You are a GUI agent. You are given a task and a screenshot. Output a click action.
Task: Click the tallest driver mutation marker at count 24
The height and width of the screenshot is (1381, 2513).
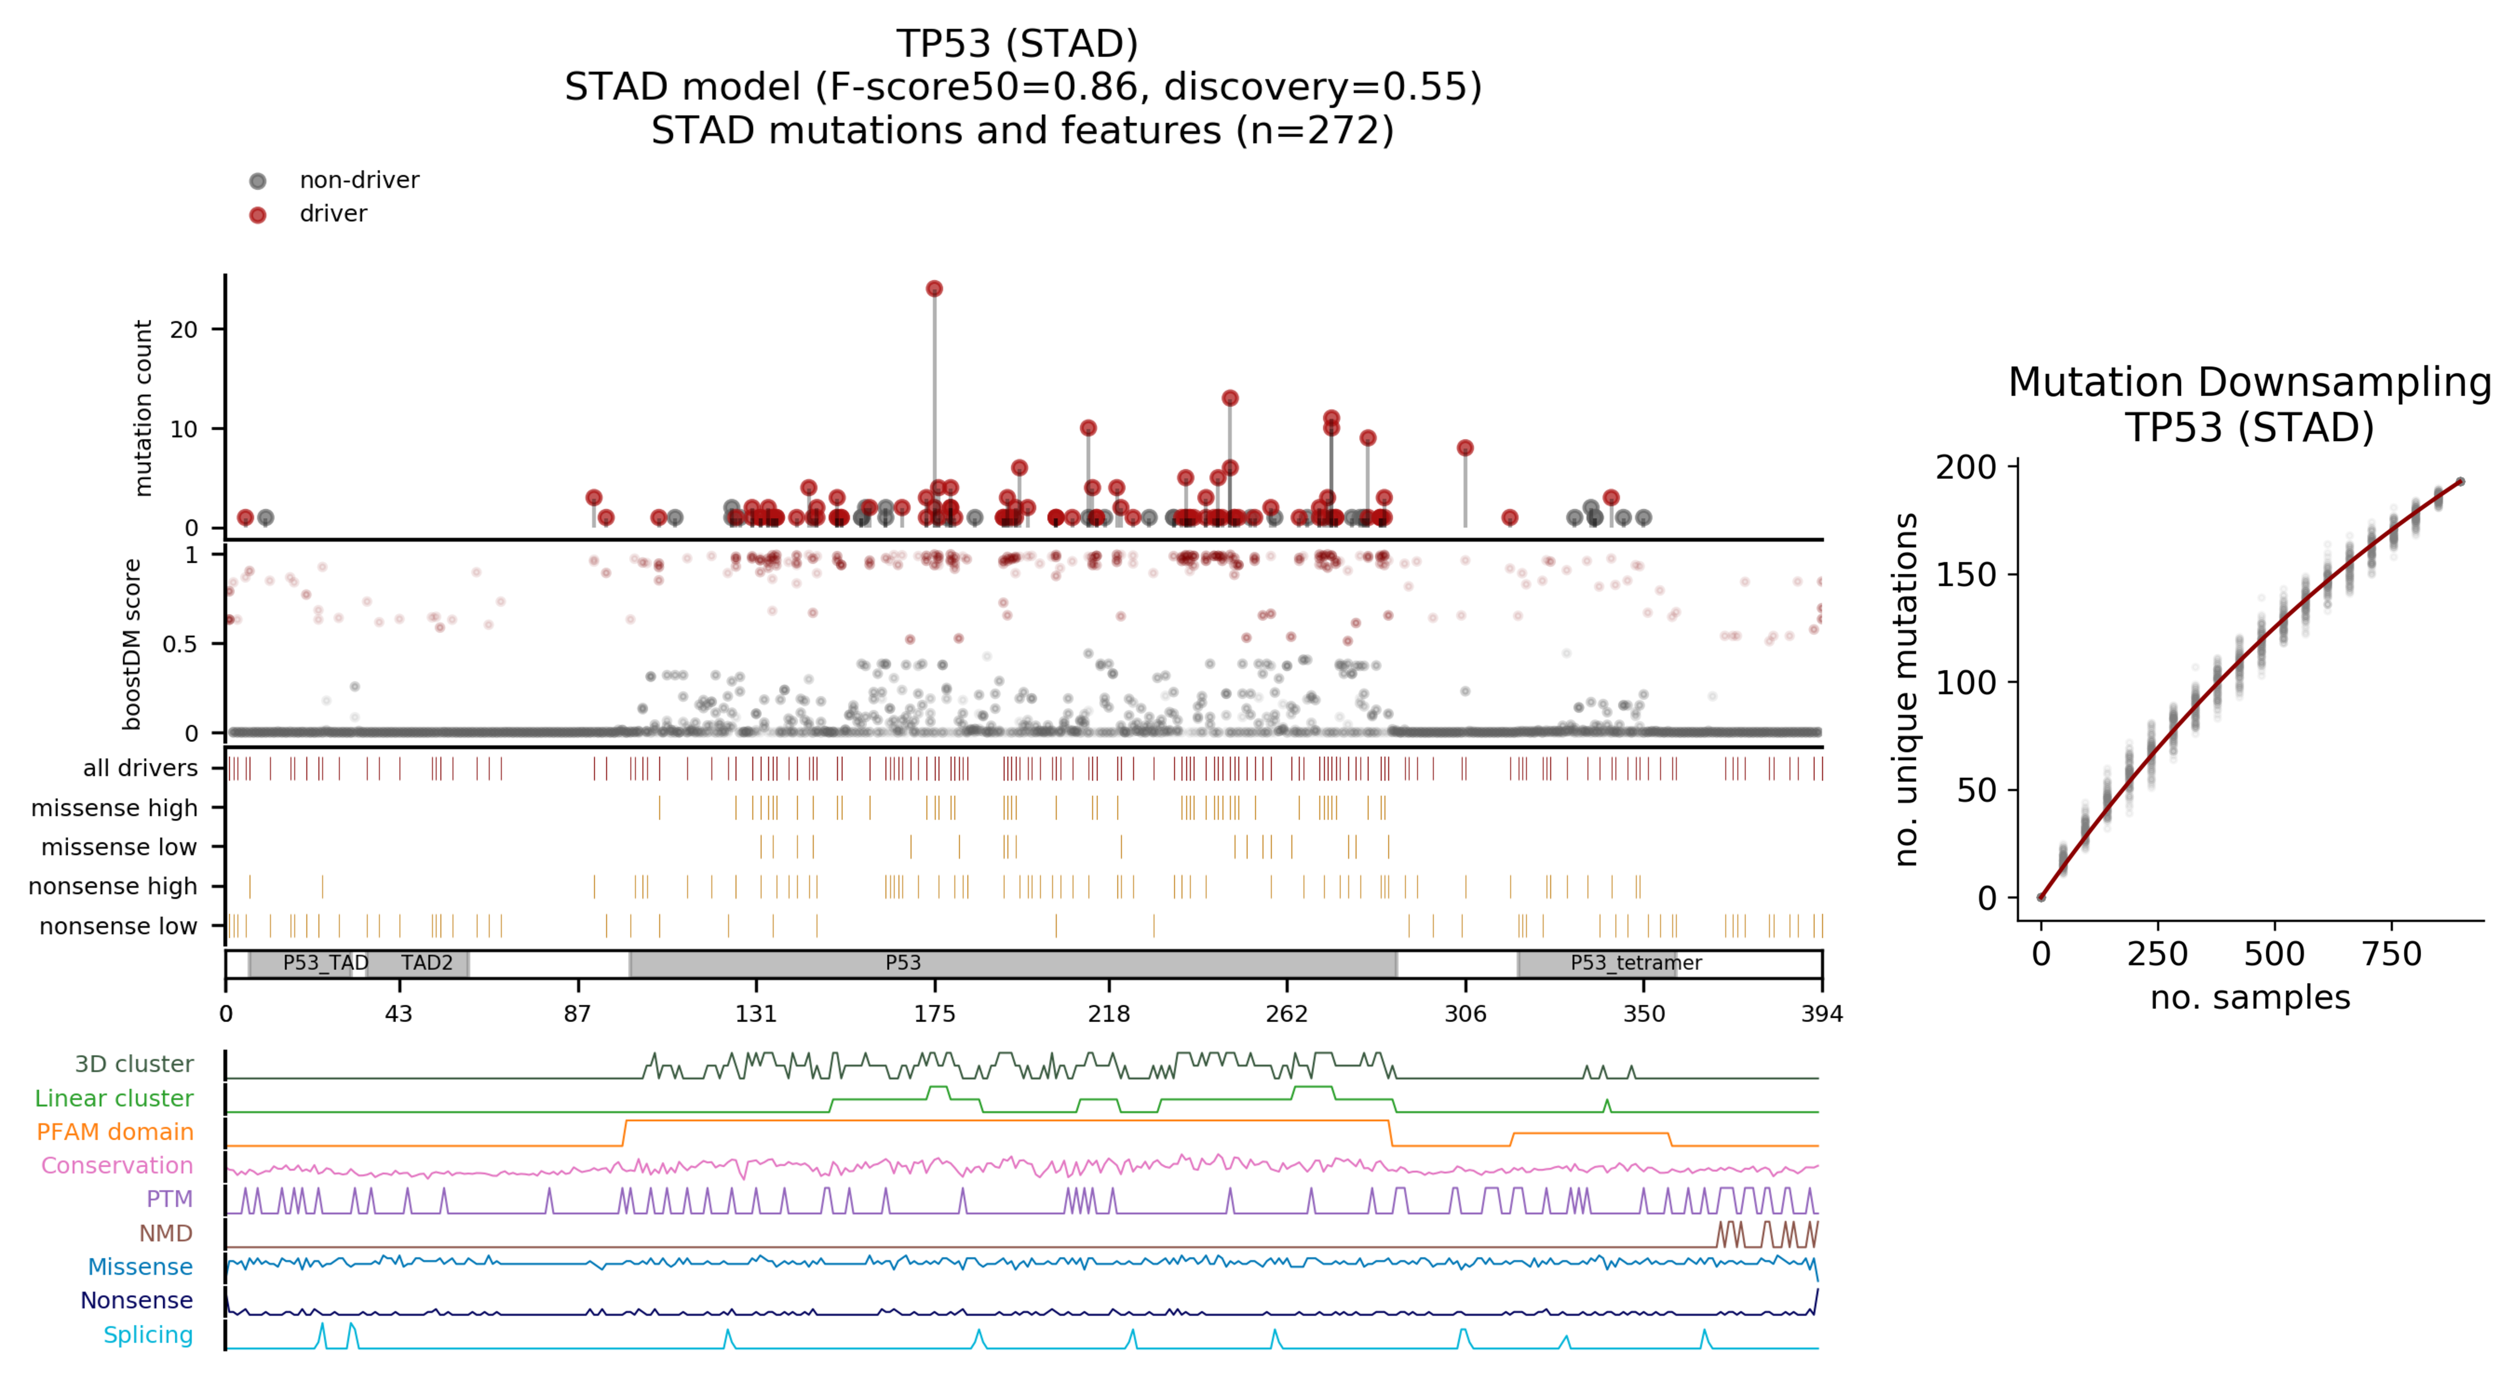[934, 289]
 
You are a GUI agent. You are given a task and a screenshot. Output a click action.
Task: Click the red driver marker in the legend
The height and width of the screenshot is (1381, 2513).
[257, 214]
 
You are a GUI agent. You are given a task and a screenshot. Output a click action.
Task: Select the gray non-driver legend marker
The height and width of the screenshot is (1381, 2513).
[257, 180]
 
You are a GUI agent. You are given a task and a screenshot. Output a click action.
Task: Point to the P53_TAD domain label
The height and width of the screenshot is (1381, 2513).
[325, 963]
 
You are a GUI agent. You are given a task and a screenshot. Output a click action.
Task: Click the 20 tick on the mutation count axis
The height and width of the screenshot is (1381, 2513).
[184, 330]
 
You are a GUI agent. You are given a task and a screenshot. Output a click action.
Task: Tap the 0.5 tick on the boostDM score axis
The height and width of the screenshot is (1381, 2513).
[179, 644]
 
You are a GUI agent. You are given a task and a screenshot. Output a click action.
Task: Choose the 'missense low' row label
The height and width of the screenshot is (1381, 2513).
[119, 846]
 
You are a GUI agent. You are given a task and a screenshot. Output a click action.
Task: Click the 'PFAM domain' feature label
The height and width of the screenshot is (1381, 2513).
[115, 1132]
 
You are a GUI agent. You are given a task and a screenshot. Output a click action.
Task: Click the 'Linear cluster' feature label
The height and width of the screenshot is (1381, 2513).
[114, 1098]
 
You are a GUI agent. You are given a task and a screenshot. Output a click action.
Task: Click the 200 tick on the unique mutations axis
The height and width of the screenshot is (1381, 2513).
[1966, 467]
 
